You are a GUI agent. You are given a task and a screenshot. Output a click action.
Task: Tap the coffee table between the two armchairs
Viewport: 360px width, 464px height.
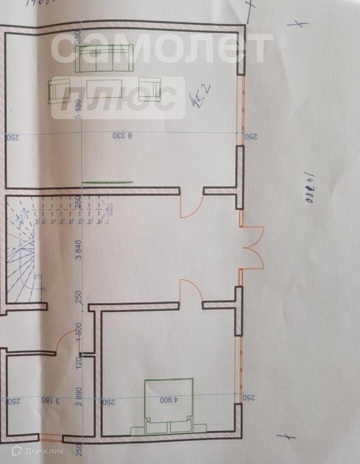(105, 89)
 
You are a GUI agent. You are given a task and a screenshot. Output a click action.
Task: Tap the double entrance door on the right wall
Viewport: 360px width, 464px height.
(253, 248)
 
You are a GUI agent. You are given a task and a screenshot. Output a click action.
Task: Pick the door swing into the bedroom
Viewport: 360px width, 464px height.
(191, 290)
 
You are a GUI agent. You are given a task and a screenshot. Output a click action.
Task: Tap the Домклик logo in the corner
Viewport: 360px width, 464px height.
(37, 451)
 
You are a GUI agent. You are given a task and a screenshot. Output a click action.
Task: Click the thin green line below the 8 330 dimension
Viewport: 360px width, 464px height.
(107, 182)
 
